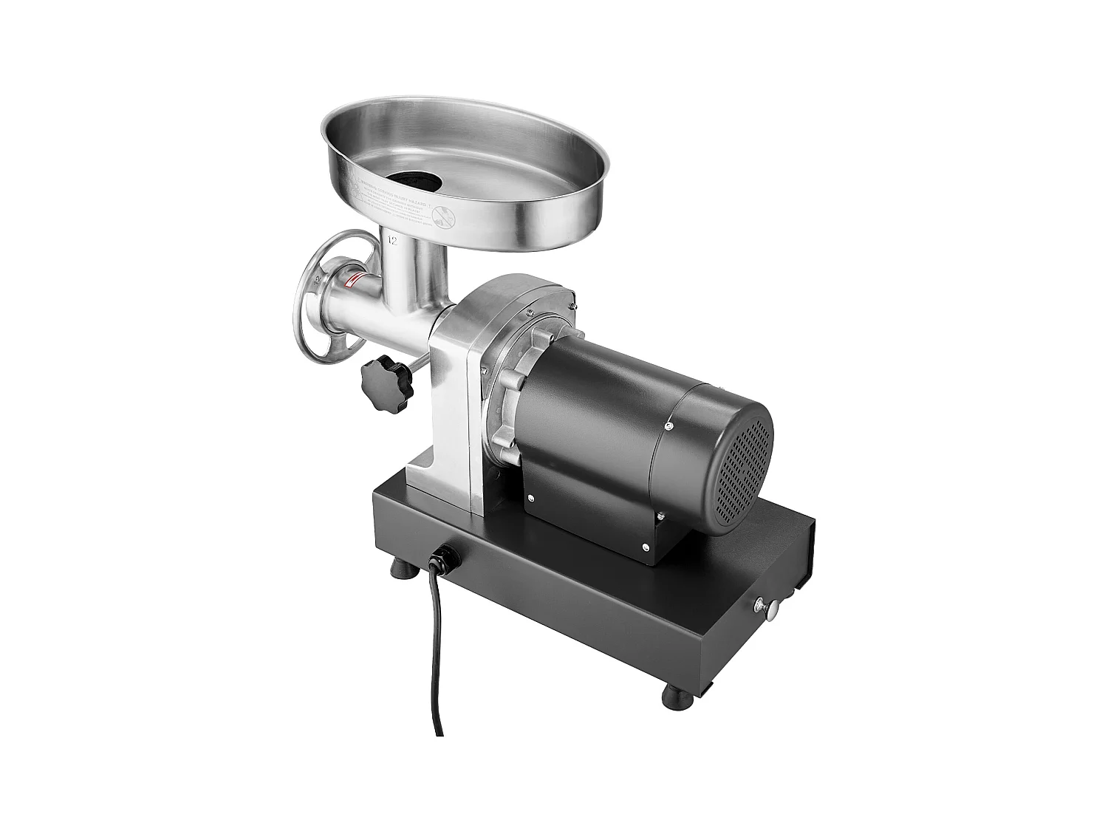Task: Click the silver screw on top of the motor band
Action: (668, 425)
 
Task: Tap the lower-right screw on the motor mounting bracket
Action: (646, 547)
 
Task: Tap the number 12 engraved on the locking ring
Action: (318, 281)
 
